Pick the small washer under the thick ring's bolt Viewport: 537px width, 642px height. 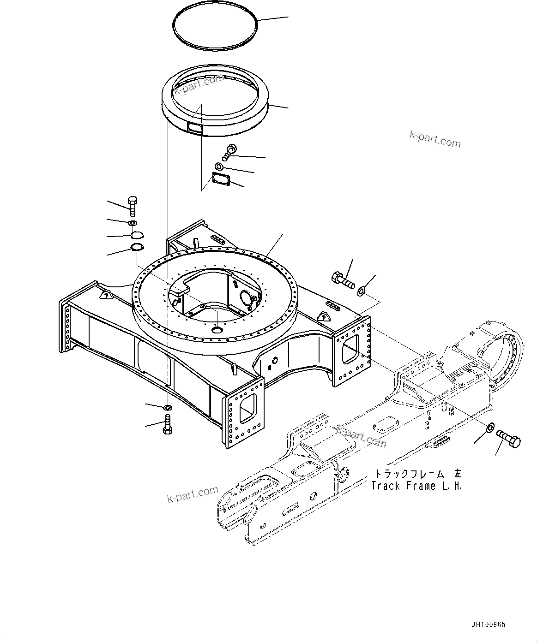(220, 166)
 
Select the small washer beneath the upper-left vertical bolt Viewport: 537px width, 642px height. (133, 223)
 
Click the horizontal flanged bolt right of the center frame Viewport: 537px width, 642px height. (342, 279)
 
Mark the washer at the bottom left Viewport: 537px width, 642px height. (168, 407)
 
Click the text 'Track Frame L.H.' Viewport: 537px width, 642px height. (416, 486)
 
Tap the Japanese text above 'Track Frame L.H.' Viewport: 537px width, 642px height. (417, 474)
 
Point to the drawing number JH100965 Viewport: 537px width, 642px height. (488, 624)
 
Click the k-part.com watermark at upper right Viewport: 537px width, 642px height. (435, 139)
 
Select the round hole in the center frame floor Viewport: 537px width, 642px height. (217, 329)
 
